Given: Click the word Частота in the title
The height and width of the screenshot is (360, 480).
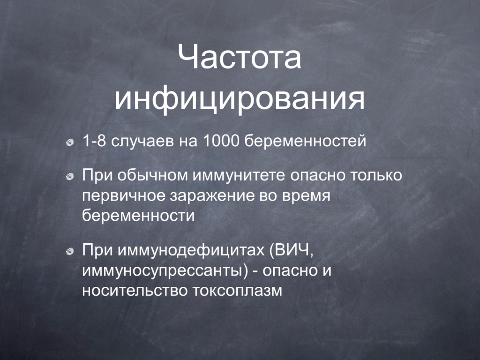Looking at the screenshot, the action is click(240, 57).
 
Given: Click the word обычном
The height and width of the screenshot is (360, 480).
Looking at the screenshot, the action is click(152, 175).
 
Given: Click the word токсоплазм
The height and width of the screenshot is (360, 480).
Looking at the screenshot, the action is click(237, 290).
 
